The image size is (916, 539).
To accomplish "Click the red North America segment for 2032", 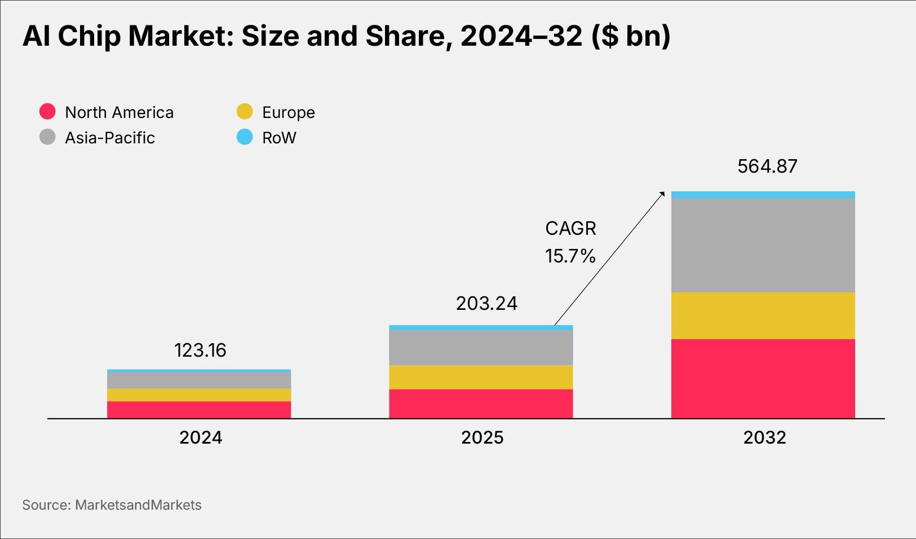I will (763, 378).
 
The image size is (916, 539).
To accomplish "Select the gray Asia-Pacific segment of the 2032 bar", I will (763, 245).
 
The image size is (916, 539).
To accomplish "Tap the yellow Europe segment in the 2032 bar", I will (763, 315).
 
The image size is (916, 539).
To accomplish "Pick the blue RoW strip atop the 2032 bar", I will (763, 195).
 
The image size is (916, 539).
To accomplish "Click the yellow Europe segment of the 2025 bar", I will (481, 377).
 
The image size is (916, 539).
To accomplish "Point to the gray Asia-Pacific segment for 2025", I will (481, 347).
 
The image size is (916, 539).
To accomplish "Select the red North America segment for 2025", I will (481, 404).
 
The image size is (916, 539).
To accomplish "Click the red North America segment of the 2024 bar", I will (199, 410).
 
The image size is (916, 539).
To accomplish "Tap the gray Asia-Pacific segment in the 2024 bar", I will (199, 380).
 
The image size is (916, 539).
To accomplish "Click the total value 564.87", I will (767, 166).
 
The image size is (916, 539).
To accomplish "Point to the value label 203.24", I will (486, 304).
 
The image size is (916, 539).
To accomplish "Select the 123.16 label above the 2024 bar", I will (200, 350).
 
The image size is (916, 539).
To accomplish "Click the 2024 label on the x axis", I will (201, 437).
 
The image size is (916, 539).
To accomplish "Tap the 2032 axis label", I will (764, 437).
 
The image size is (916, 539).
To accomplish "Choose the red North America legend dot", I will (47, 111).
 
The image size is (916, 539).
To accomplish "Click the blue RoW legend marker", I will (245, 137).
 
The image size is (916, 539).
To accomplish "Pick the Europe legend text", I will (289, 112).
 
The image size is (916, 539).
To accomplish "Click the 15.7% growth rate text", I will (570, 256).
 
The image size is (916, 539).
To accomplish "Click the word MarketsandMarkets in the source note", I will (138, 505).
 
